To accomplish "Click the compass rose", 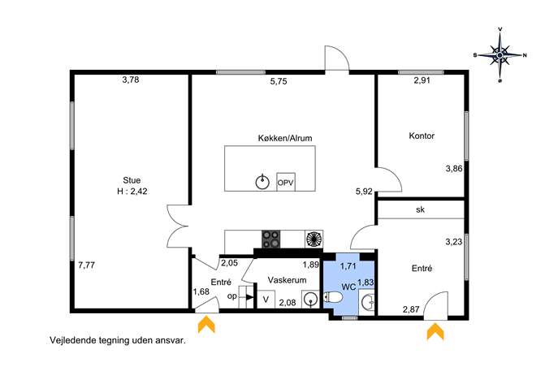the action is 500,55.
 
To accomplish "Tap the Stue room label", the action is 132,180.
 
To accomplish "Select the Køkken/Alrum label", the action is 285,138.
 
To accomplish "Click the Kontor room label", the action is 422,136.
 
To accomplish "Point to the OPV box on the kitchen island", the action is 286,182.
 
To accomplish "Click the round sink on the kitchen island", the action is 262,182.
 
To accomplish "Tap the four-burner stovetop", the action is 270,239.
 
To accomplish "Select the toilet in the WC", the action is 331,297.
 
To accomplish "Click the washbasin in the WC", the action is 368,303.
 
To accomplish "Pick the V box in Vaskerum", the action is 266,300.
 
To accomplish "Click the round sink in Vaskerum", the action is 310,299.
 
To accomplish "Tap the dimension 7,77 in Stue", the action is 86,265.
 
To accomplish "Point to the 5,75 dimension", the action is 279,81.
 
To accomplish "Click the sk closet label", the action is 420,209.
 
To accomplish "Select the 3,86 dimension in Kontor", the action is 454,169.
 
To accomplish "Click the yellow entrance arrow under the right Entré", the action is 435,331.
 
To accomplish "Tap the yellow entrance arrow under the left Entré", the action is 206,325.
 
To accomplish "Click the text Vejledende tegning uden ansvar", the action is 118,340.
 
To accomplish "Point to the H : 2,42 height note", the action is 132,192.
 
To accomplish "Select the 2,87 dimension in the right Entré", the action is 411,309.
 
